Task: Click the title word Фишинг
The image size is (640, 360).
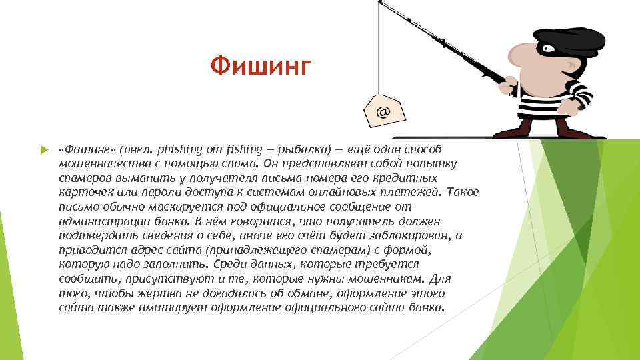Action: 261,66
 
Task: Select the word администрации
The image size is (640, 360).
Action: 97,221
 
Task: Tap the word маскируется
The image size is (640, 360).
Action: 176,207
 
